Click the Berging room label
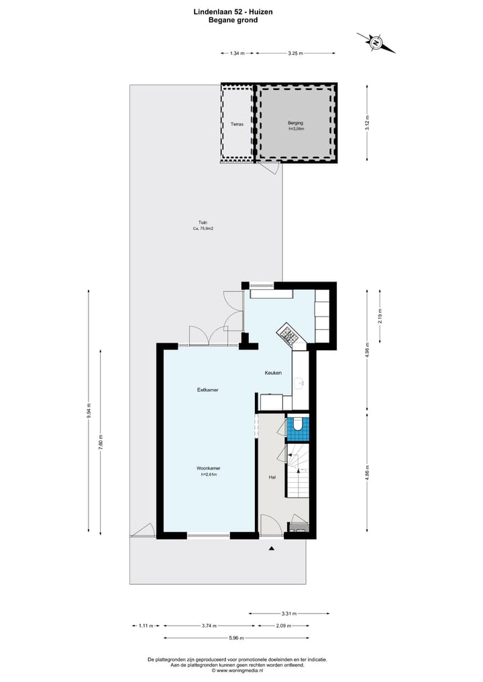click(x=296, y=123)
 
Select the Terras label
click(x=237, y=124)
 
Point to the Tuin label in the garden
click(x=203, y=222)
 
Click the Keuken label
click(x=273, y=373)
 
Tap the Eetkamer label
click(x=207, y=390)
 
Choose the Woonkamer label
click(x=209, y=468)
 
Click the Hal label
click(x=272, y=477)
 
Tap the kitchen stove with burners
click(x=287, y=333)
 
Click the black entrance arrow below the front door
click(x=272, y=549)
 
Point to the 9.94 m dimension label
click(x=88, y=411)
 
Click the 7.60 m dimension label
click(x=101, y=443)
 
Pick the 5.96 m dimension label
click(x=235, y=638)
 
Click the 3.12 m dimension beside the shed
click(x=367, y=123)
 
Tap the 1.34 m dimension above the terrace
click(x=237, y=53)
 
